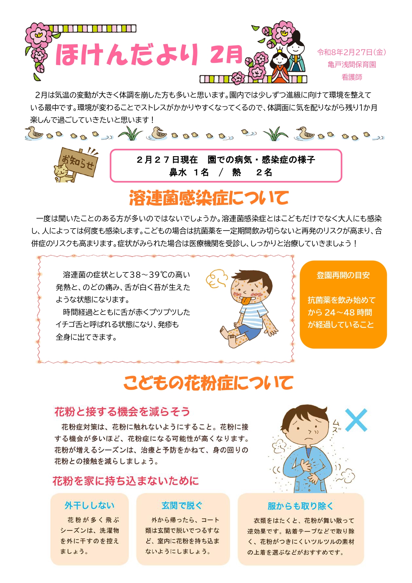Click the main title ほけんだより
click(127, 54)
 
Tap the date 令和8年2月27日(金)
click(351, 52)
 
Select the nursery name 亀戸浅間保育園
click(352, 64)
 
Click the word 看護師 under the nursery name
click(352, 77)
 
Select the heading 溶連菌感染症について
click(209, 198)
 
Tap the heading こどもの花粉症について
click(208, 383)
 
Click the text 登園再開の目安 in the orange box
click(343, 275)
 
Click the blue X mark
click(356, 420)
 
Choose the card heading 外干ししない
click(90, 505)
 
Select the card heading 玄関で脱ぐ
click(182, 505)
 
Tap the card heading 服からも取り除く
click(300, 506)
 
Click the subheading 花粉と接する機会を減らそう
click(122, 412)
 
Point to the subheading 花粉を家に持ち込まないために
click(125, 481)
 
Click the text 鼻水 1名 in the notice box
click(189, 172)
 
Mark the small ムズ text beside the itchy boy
click(336, 426)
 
